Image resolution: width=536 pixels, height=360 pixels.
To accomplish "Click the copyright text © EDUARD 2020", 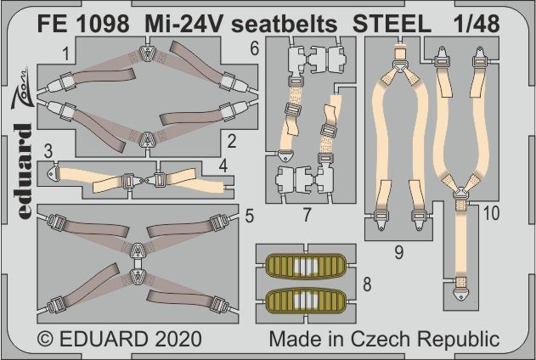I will pos(120,339).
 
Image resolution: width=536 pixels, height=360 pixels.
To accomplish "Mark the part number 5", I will pos(248,215).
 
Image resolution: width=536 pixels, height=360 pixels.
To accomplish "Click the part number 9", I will pos(398,250).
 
